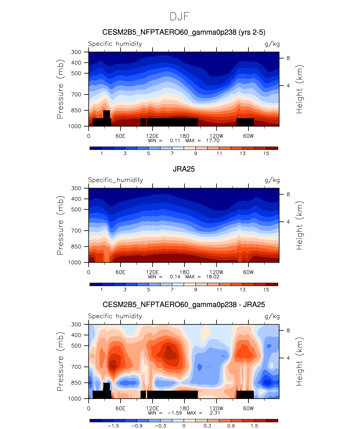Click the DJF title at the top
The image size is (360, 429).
point(180,17)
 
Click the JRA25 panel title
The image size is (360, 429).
point(184,169)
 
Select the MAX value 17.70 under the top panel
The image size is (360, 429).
point(213,140)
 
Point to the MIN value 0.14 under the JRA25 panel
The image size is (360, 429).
point(175,277)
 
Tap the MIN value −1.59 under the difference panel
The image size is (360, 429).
point(175,413)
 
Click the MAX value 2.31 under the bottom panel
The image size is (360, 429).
point(215,413)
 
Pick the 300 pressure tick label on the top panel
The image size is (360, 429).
point(76,52)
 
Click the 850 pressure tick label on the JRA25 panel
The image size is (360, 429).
point(76,247)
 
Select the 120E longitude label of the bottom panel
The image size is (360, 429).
point(152,408)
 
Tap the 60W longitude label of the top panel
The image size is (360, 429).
point(248,136)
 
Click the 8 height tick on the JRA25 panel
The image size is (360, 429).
point(288,194)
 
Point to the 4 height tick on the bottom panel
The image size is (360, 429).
point(288,358)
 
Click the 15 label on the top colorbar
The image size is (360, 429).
point(266,153)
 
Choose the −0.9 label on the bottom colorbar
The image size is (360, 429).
point(137,426)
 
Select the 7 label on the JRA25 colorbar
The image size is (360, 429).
point(172,289)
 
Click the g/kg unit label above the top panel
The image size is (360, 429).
point(272,44)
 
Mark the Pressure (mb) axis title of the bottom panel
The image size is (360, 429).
point(60,361)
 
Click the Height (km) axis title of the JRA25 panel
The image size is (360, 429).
point(300,225)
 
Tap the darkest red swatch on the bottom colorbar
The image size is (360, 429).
point(272,420)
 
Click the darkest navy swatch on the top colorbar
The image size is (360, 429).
point(96,148)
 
